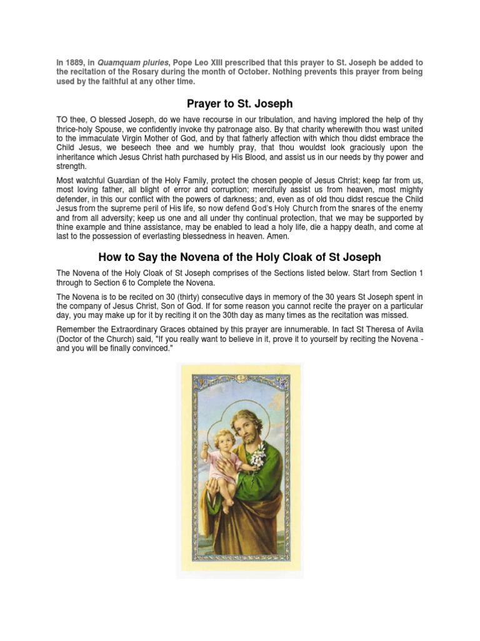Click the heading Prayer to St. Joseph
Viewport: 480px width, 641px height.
[x=240, y=103]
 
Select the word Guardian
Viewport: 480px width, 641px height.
[x=136, y=180]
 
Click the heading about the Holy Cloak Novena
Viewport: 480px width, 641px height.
[x=240, y=257]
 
